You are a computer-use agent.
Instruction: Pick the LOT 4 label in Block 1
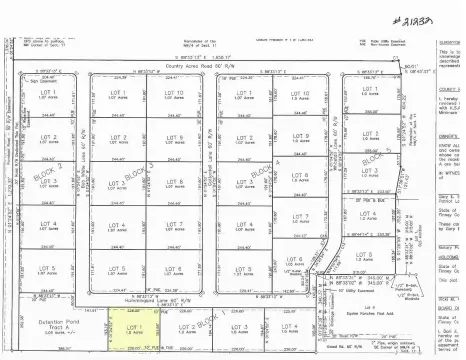(x=290, y=327)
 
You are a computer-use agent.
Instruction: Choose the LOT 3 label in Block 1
(x=238, y=327)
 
